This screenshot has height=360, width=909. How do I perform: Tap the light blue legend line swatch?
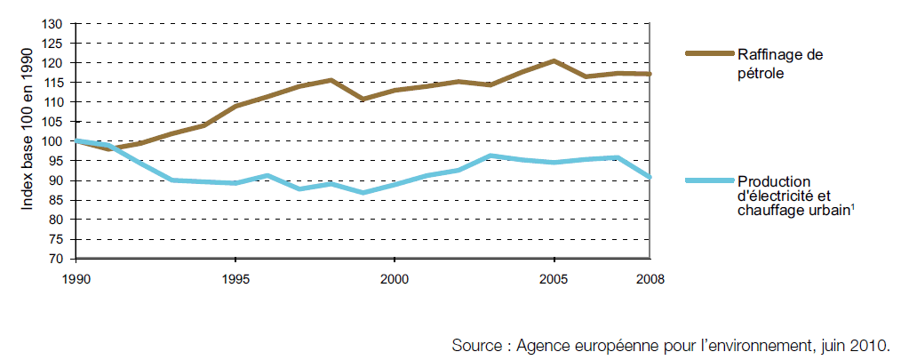point(708,180)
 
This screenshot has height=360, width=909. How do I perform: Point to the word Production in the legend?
point(769,181)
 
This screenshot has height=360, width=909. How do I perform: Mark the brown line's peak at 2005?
point(554,61)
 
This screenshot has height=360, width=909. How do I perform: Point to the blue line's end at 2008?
point(650,178)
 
